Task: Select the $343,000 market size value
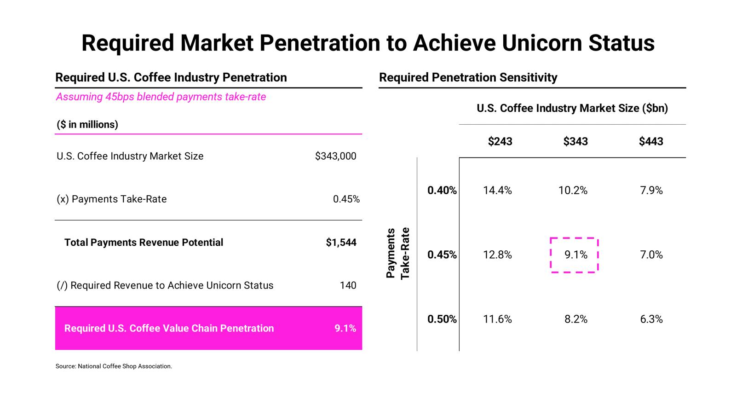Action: pos(335,156)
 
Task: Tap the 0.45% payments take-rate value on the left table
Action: pos(346,199)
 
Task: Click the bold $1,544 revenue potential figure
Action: pos(341,243)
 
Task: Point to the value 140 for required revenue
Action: pos(348,285)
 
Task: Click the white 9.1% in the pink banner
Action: pos(345,328)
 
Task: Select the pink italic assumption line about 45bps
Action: pos(161,97)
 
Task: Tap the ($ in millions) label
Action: pos(87,125)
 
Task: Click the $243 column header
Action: pos(500,141)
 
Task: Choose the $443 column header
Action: pos(651,141)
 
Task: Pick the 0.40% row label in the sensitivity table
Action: pos(442,191)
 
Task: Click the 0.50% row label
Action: pos(442,319)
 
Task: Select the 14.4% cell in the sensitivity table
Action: pos(497,191)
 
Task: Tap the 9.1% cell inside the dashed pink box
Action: pos(575,255)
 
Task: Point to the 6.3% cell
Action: pos(651,319)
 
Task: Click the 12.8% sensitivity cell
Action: pos(497,255)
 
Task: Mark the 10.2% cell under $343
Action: pos(573,191)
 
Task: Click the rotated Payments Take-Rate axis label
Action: pos(397,254)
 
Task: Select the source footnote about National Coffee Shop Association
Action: pos(114,366)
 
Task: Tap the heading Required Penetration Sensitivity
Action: pos(468,77)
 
